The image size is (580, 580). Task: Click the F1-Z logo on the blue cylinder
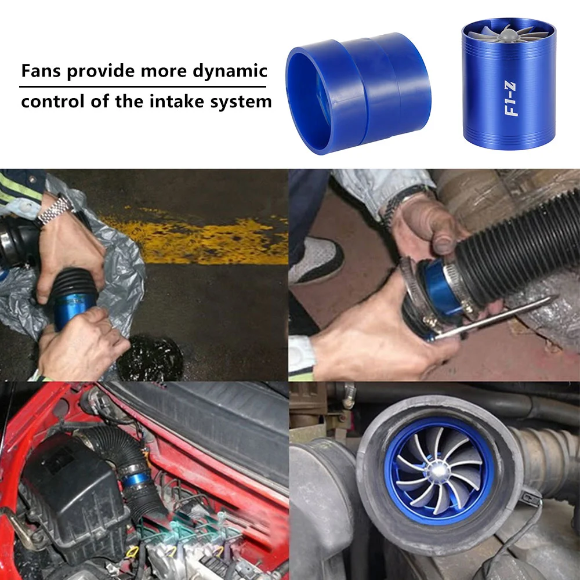pos(512,100)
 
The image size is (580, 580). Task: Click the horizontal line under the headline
pos(145,87)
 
